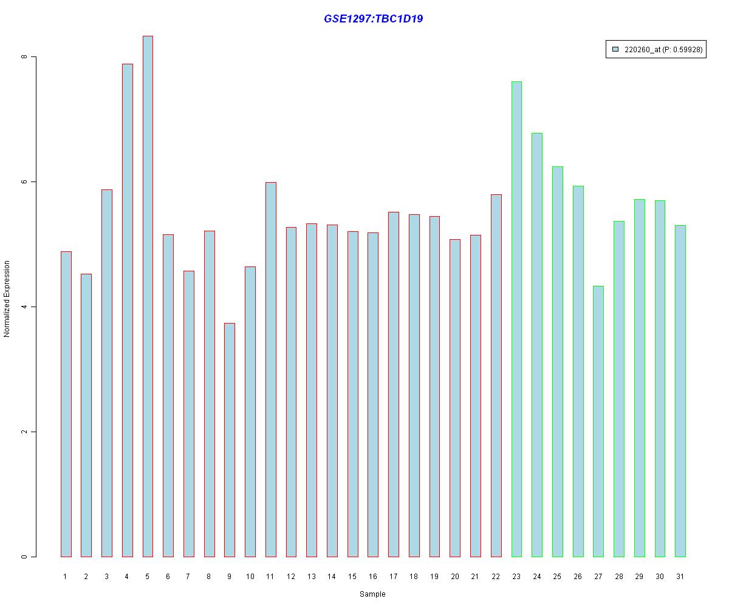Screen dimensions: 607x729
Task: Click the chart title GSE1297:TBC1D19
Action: (373, 19)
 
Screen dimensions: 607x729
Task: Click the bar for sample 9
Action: (230, 440)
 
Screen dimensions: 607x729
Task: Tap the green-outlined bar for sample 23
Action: (516, 319)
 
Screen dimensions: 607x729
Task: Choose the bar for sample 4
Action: (127, 310)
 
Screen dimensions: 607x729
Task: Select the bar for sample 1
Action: (66, 404)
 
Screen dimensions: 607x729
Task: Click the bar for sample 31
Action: (680, 391)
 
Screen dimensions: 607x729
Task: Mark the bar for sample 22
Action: (496, 376)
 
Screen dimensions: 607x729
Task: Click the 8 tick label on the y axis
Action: (25, 57)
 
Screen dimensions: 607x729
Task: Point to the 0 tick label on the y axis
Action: (25, 557)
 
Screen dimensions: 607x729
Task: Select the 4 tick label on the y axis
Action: (25, 307)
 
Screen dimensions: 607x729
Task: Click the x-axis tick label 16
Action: (373, 576)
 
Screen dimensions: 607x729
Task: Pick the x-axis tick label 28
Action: (619, 576)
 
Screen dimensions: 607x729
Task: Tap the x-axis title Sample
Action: (372, 594)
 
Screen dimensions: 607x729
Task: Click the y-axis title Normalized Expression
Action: (7, 299)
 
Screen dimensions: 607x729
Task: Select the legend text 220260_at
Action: (643, 50)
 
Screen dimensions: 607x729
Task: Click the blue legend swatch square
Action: (615, 50)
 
